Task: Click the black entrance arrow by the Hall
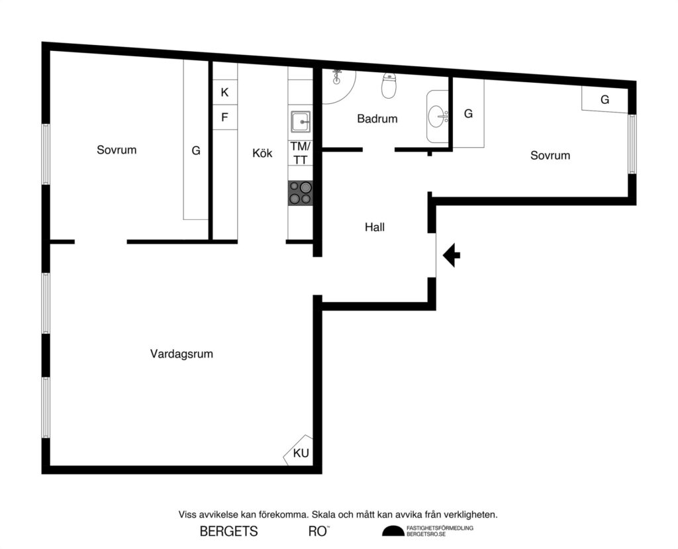tap(452, 255)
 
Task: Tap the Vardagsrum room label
tap(181, 354)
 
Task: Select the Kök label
tap(262, 153)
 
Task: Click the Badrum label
tap(377, 119)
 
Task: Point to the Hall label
tap(374, 227)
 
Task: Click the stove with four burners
tap(300, 193)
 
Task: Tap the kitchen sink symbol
tap(300, 122)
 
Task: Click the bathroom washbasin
tap(437, 117)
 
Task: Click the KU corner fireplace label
tap(301, 454)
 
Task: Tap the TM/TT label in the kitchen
tap(300, 152)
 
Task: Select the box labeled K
tap(224, 92)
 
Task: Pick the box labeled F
tap(224, 118)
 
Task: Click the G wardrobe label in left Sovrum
tap(196, 151)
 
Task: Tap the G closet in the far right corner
tap(605, 100)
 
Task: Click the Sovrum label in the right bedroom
tap(550, 156)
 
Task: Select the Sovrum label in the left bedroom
tap(117, 150)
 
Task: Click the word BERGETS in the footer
tap(228, 531)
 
